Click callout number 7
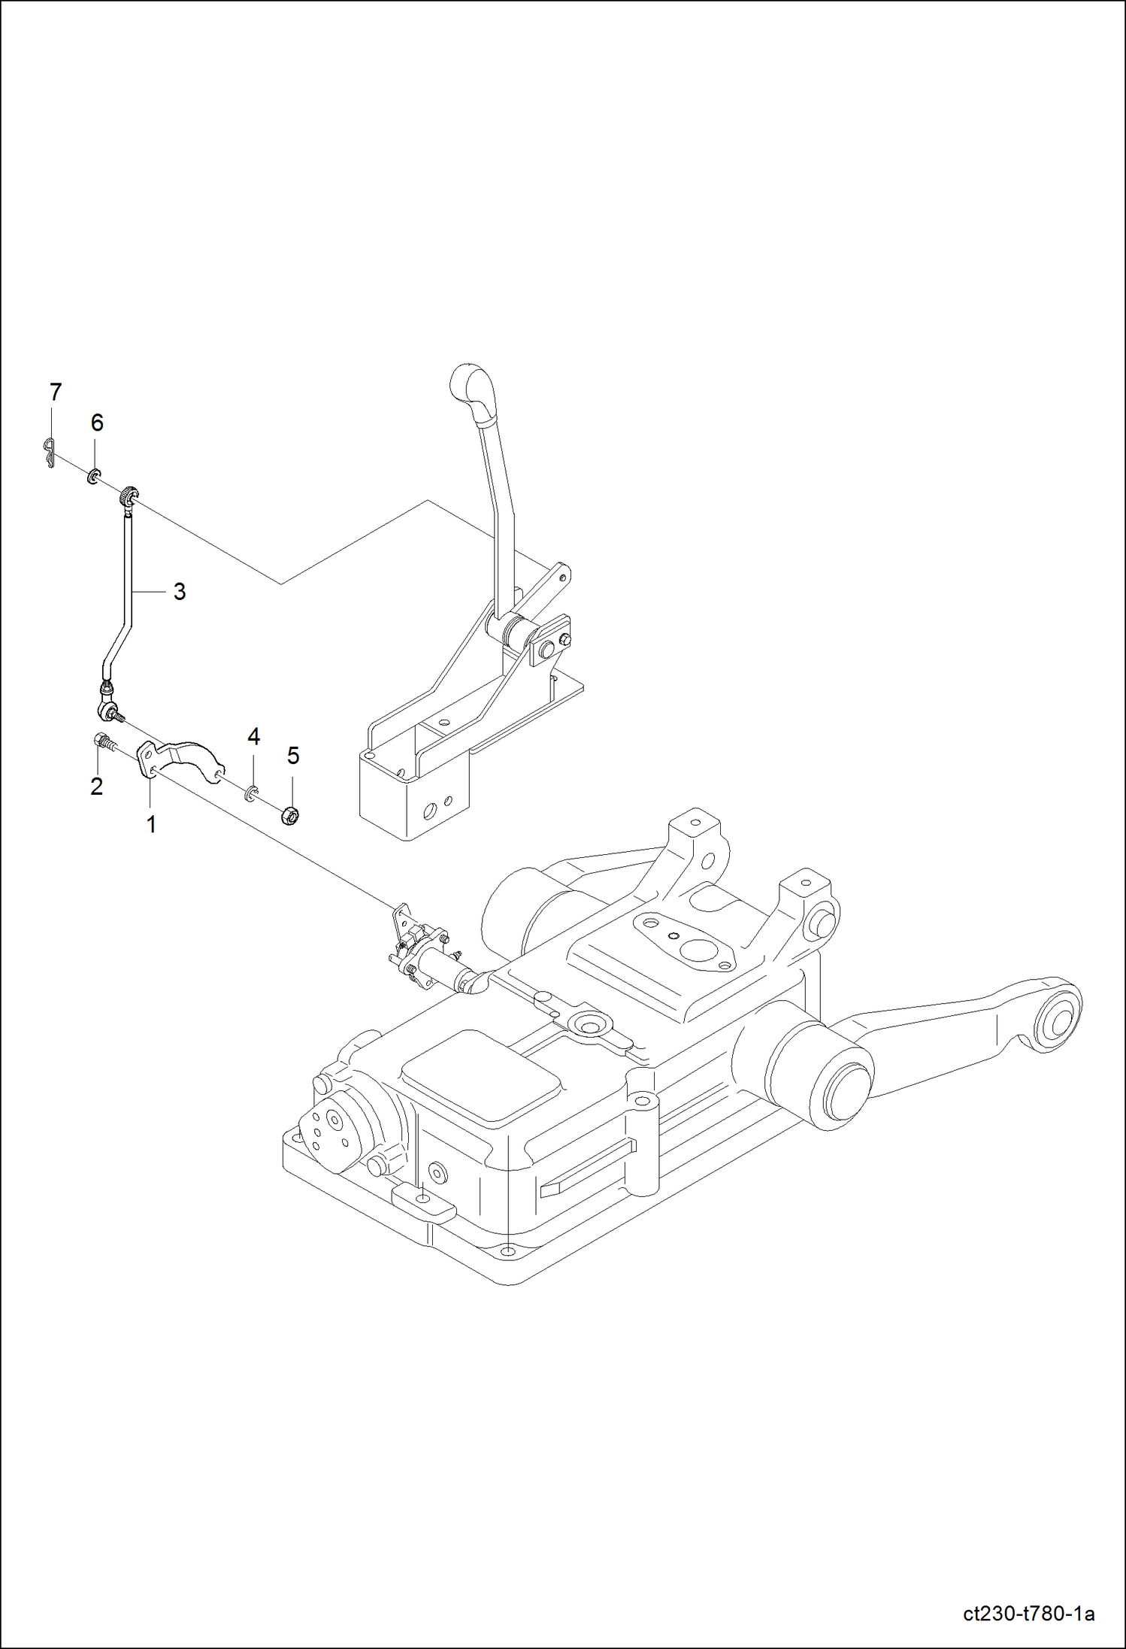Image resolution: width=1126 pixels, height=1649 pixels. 55,392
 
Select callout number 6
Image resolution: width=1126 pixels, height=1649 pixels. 97,423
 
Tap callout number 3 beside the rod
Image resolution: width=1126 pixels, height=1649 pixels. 179,592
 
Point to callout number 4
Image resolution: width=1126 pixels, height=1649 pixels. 254,737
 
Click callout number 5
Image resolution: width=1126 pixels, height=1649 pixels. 293,756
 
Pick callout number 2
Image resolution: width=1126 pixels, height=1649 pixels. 96,787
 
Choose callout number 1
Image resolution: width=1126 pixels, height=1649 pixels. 151,824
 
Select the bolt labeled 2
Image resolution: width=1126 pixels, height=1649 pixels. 104,741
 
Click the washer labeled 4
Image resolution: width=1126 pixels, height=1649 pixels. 251,791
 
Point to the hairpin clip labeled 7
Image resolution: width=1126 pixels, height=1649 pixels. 50,452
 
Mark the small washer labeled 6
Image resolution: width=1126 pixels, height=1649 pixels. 95,476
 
